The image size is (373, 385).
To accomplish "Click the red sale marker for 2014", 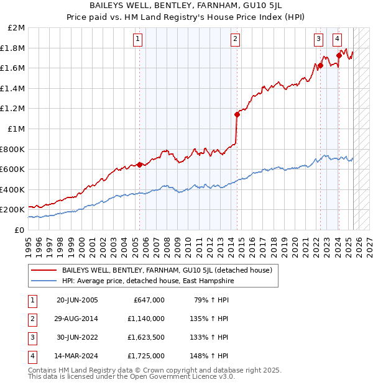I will point(237,114).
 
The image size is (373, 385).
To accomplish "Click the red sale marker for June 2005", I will point(140,165).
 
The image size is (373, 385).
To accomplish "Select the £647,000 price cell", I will point(149,300).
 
